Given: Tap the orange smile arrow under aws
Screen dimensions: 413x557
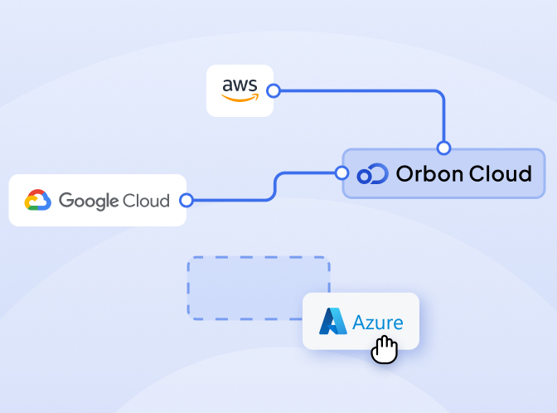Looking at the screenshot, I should [x=240, y=97].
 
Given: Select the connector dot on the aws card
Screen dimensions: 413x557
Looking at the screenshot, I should [x=274, y=90].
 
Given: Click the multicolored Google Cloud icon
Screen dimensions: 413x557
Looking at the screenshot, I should [x=38, y=200].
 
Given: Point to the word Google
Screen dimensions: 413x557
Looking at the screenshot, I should [x=89, y=201].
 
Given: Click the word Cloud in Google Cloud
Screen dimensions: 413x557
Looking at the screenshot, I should [x=146, y=200].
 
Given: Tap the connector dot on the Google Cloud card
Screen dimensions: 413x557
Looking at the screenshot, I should [x=186, y=200].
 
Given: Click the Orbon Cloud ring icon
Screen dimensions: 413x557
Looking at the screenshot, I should [x=372, y=174].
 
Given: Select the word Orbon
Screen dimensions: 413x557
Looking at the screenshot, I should [x=428, y=173].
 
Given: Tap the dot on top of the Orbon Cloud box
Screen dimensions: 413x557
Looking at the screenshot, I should [x=443, y=148].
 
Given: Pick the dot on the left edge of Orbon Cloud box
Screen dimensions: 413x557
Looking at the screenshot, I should [x=341, y=173].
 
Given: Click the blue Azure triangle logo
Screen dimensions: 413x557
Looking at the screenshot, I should [x=333, y=322].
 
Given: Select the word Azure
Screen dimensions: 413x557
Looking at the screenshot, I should [x=378, y=322].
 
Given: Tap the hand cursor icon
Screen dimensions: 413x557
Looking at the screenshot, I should [x=384, y=348].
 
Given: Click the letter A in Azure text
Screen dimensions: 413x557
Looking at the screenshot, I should [x=360, y=322].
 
